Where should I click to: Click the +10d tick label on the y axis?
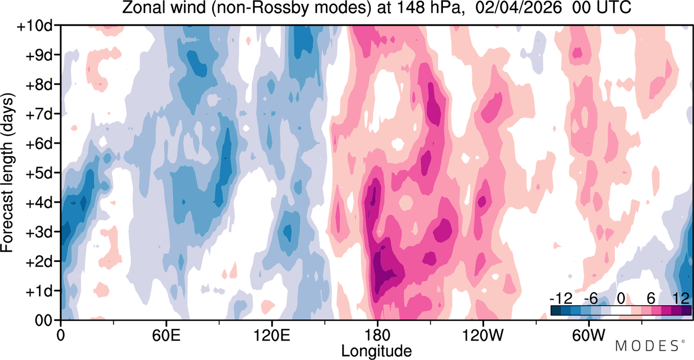click(35, 26)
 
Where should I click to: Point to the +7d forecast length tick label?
click(39, 114)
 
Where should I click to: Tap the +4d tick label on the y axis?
click(39, 203)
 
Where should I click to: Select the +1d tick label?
click(39, 291)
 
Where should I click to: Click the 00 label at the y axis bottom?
click(43, 320)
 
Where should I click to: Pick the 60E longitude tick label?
click(166, 335)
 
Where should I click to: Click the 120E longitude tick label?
click(272, 335)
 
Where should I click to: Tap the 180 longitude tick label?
click(377, 335)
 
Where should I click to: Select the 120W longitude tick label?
click(483, 335)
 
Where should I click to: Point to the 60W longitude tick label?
click(588, 335)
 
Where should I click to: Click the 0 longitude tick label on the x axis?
click(61, 335)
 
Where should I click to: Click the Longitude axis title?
click(377, 351)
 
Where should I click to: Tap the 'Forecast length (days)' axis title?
click(8, 173)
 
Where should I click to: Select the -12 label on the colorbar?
click(561, 298)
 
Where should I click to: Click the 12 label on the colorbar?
click(681, 298)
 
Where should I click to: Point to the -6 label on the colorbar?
click(591, 298)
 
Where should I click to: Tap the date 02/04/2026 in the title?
click(518, 8)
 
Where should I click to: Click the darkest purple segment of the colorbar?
click(686, 311)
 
